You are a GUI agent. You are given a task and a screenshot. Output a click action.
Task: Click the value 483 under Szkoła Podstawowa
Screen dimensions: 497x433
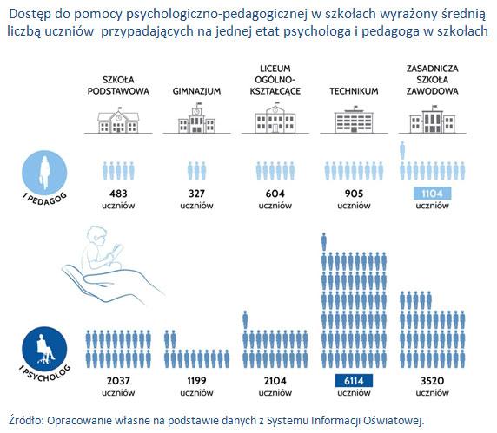(118, 194)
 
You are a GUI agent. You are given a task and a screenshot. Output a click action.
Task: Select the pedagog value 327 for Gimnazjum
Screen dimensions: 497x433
(196, 194)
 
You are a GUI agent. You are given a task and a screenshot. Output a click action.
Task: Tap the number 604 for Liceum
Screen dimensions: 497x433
(275, 194)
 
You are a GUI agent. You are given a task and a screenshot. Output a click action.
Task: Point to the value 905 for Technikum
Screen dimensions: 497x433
(354, 194)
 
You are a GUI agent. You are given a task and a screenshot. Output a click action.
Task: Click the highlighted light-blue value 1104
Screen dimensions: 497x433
(433, 194)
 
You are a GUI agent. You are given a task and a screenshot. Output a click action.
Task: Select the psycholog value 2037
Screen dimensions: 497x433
(118, 380)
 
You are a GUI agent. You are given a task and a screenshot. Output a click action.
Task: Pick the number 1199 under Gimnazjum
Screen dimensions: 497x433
(196, 380)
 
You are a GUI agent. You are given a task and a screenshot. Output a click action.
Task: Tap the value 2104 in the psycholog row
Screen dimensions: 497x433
(275, 380)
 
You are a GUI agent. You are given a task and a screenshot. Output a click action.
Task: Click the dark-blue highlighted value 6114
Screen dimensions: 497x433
(354, 381)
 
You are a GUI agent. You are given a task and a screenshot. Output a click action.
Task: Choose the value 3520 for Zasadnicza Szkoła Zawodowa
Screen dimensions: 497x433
(433, 380)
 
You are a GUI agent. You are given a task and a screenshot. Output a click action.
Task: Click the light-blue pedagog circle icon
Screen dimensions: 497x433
(44, 173)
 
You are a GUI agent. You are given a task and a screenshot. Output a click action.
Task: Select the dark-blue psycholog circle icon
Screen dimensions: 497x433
(44, 349)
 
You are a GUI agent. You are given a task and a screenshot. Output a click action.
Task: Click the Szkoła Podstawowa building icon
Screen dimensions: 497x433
(118, 121)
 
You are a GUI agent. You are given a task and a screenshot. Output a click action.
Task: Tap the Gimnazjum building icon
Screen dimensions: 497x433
(196, 118)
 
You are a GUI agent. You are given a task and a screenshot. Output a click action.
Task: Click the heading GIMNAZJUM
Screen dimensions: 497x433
(196, 91)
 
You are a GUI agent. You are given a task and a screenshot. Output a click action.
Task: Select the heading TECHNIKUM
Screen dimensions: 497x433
(354, 91)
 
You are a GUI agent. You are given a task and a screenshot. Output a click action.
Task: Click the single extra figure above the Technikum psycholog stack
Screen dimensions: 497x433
(323, 242)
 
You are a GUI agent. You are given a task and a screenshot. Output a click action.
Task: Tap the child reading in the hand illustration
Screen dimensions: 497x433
(102, 250)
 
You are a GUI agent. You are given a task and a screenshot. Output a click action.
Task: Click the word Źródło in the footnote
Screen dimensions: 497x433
(26, 420)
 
